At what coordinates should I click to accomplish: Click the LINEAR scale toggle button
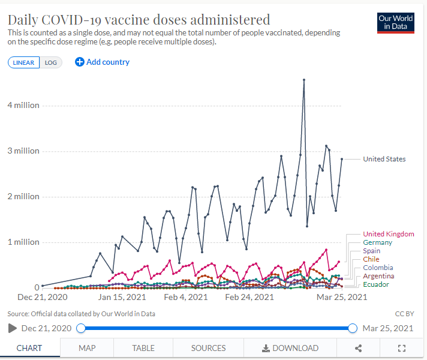pyautogui.click(x=24, y=62)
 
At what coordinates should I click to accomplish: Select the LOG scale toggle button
pyautogui.click(x=51, y=62)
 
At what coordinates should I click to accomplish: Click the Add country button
pyautogui.click(x=102, y=62)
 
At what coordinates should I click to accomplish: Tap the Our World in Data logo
pyautogui.click(x=396, y=23)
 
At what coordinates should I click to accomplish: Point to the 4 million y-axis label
pyautogui.click(x=23, y=106)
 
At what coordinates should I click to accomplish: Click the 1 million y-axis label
pyautogui.click(x=23, y=242)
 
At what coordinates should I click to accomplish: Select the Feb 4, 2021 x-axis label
pyautogui.click(x=185, y=297)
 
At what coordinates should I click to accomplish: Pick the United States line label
pyautogui.click(x=384, y=159)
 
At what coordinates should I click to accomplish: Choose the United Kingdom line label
pyautogui.click(x=389, y=234)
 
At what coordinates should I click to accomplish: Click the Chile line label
pyautogui.click(x=371, y=259)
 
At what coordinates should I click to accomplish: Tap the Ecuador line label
pyautogui.click(x=376, y=284)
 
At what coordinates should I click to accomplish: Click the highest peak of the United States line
pyautogui.click(x=304, y=79)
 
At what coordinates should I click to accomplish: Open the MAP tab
pyautogui.click(x=87, y=348)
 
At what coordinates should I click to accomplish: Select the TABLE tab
pyautogui.click(x=143, y=348)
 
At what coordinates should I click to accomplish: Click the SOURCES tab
pyautogui.click(x=208, y=348)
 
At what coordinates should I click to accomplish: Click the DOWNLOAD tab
pyautogui.click(x=290, y=348)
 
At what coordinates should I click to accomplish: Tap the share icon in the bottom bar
pyautogui.click(x=359, y=348)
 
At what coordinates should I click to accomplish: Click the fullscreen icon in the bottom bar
pyautogui.click(x=402, y=348)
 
